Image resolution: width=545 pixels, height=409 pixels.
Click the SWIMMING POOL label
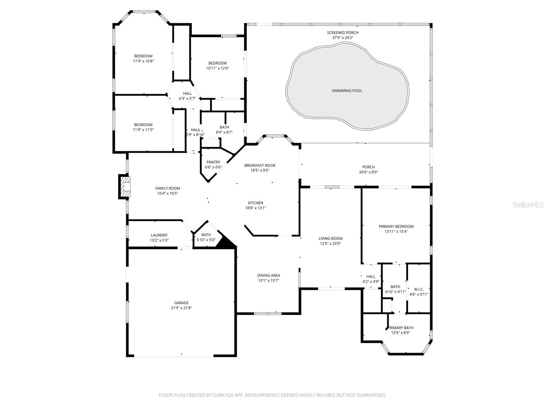pos(347,91)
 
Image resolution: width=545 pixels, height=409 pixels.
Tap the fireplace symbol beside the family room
pos(125,186)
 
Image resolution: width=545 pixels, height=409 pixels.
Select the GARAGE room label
pos(181,303)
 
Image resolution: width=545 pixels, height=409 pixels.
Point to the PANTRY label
pos(213,162)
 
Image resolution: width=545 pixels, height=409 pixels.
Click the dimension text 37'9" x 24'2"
pos(343,38)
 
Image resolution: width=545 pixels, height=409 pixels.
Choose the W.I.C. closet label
pos(419,289)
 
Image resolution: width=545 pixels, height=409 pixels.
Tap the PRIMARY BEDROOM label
pos(396,226)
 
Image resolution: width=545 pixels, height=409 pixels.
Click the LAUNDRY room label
pos(159,235)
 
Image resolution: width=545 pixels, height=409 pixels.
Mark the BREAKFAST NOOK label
pos(260,165)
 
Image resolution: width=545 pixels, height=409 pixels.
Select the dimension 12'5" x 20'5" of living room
pos(330,244)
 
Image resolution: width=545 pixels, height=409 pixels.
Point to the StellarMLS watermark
pos(528,205)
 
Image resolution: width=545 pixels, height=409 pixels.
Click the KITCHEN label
pos(255,203)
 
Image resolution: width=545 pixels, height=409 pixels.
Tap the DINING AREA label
pos(268,275)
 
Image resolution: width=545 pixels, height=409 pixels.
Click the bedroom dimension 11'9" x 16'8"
pos(143,61)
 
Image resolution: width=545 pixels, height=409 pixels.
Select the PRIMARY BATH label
pos(401,328)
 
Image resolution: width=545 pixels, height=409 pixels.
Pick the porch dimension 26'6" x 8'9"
pos(368,172)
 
